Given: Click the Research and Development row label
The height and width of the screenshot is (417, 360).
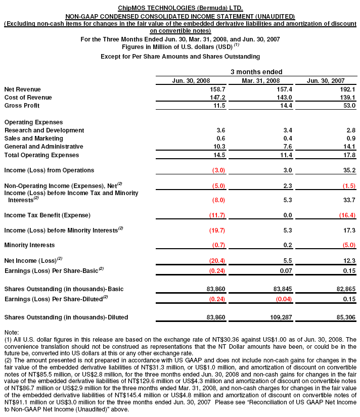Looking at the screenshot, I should pyautogui.click(x=44, y=130).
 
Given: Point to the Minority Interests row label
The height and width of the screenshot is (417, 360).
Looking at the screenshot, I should pyautogui.click(x=29, y=245).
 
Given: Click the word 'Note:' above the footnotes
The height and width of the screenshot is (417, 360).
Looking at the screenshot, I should pyautogui.click(x=11, y=332).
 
